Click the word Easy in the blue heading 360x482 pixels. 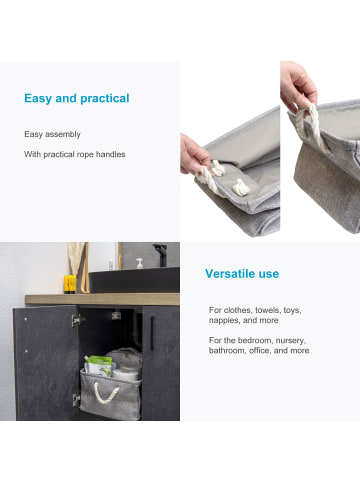[38, 99]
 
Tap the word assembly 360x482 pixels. [63, 135]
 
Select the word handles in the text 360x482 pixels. [111, 154]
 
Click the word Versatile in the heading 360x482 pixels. [226, 274]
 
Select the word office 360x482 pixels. [260, 351]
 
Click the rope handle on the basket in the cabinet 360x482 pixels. [106, 393]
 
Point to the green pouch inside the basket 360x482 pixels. [99, 365]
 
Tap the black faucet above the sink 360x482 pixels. [161, 254]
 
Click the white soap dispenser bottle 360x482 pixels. [140, 263]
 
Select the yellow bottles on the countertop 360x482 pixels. [70, 284]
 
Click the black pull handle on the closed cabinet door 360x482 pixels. [152, 333]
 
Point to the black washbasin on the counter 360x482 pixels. [134, 280]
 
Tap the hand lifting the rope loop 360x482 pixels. [298, 87]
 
